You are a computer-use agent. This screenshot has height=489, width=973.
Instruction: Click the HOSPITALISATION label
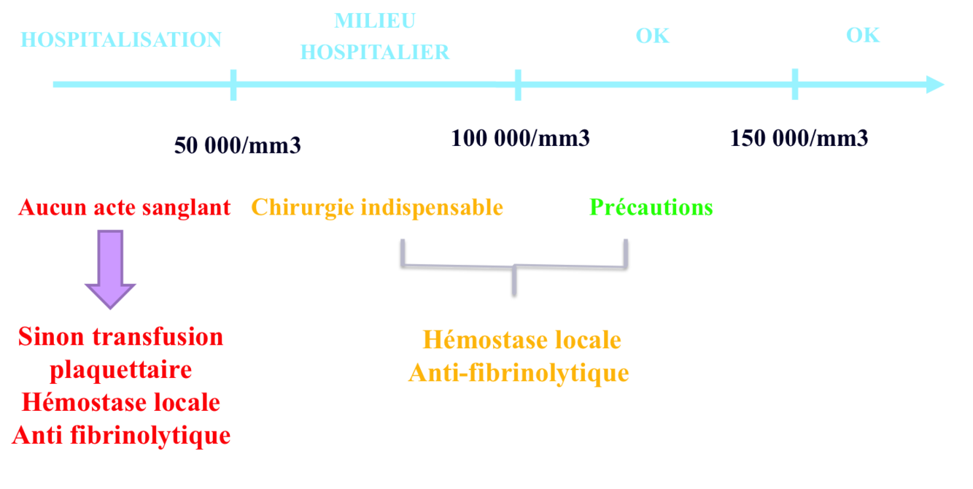(x=120, y=39)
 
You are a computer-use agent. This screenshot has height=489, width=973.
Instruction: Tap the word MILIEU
(x=374, y=20)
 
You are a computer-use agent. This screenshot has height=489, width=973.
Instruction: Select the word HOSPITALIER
(x=374, y=53)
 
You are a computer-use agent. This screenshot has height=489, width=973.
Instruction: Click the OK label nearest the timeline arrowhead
(x=863, y=35)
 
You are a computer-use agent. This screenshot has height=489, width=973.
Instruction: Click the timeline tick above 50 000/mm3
(x=233, y=84)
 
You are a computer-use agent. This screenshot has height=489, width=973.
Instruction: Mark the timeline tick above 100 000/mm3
(x=518, y=84)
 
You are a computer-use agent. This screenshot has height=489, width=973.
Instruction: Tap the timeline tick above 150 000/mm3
(x=794, y=84)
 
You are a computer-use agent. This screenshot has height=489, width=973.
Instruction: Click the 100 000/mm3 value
(x=519, y=138)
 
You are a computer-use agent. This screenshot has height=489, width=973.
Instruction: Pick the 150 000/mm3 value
(x=799, y=138)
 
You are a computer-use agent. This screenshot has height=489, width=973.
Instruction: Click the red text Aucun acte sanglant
(x=124, y=208)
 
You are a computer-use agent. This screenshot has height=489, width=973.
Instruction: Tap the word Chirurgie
(x=303, y=208)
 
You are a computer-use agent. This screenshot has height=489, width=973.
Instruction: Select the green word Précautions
(x=651, y=208)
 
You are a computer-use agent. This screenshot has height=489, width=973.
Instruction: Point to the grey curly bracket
(x=514, y=264)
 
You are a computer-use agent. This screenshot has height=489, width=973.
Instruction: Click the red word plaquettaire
(x=120, y=370)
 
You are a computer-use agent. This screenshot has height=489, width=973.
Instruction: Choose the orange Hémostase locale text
(x=521, y=340)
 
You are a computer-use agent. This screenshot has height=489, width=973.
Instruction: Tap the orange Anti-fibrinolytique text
(x=518, y=374)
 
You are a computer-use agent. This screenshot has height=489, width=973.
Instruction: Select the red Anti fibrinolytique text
(x=121, y=436)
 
